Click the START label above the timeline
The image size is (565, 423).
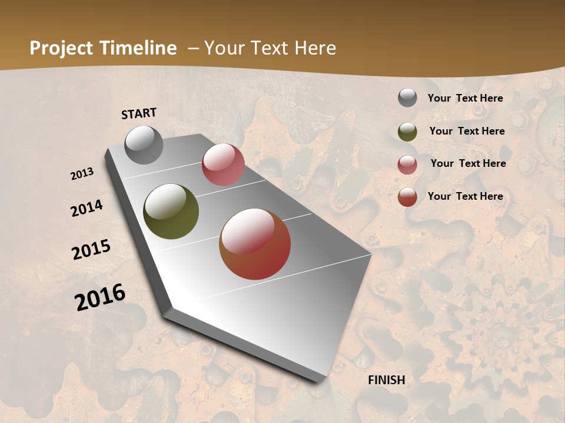click(x=139, y=113)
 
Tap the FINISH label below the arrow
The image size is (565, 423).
click(x=387, y=380)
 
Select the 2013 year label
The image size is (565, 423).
click(x=82, y=174)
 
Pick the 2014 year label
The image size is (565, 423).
click(x=87, y=208)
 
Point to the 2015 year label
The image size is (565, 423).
click(x=91, y=250)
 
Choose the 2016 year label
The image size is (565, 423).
click(x=100, y=297)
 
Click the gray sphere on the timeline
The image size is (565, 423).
click(x=144, y=145)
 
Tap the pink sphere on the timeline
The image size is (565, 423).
click(x=223, y=164)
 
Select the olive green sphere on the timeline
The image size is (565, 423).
click(x=171, y=211)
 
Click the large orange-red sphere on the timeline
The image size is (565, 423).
click(x=255, y=244)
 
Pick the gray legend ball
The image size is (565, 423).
click(x=407, y=98)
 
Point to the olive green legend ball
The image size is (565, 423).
click(x=407, y=131)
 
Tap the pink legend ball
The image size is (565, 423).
click(x=407, y=164)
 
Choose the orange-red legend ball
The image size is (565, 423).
click(x=407, y=197)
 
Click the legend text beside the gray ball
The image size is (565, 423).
click(x=465, y=98)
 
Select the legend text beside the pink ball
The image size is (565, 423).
click(x=468, y=163)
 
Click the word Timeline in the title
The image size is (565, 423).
click(x=138, y=48)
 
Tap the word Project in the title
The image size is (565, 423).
click(x=61, y=48)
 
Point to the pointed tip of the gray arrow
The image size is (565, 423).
click(x=323, y=381)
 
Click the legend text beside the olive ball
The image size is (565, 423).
click(x=467, y=131)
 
